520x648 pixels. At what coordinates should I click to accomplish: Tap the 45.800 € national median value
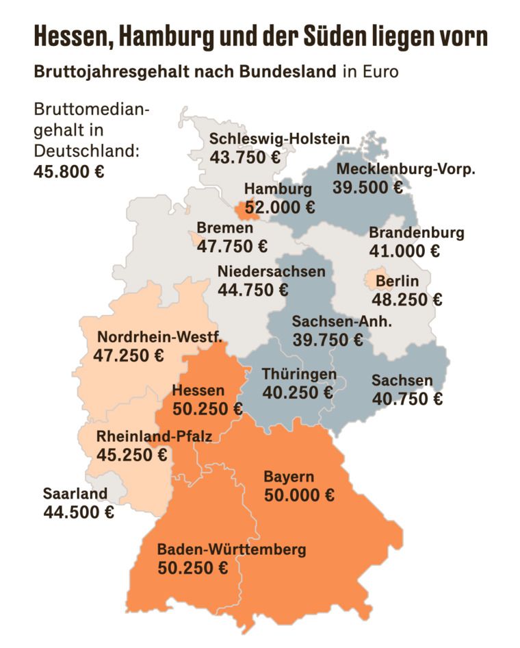[x=68, y=171]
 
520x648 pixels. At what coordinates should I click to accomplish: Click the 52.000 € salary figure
[x=279, y=206]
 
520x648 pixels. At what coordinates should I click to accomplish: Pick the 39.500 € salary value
[x=367, y=187]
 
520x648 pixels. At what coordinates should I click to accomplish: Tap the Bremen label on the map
[x=224, y=227]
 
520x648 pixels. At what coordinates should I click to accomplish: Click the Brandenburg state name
[x=416, y=232]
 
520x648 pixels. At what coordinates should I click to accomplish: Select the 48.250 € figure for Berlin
[x=406, y=299]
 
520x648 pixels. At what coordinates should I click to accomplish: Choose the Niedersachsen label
[x=271, y=271]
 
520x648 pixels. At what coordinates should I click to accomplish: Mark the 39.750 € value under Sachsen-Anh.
[x=327, y=339]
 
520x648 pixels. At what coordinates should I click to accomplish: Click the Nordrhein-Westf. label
[x=159, y=337]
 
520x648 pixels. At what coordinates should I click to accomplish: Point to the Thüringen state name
[x=300, y=374]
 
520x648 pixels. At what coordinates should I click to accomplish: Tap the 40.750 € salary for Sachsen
[x=406, y=398]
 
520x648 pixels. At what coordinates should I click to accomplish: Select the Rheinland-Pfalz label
[x=154, y=436]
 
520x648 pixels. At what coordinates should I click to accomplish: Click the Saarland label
[x=75, y=493]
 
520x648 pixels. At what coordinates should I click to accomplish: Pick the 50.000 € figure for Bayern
[x=299, y=495]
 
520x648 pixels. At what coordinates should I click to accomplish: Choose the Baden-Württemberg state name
[x=231, y=549]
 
